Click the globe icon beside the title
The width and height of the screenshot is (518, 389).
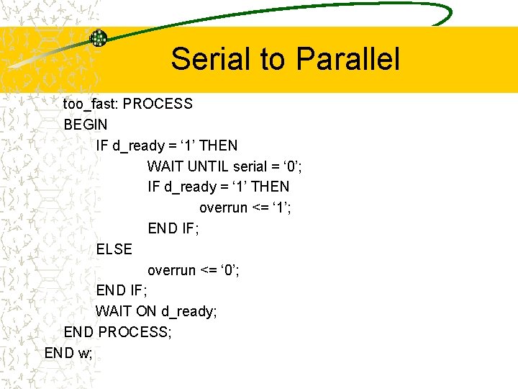pyautogui.click(x=98, y=38)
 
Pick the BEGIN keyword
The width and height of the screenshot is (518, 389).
pyautogui.click(x=86, y=125)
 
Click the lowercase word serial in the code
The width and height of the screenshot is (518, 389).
pyautogui.click(x=250, y=166)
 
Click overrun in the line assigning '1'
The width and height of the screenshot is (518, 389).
pyautogui.click(x=224, y=208)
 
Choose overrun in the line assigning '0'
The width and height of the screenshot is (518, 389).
pyautogui.click(x=172, y=270)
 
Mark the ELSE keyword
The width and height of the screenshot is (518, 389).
pyautogui.click(x=114, y=249)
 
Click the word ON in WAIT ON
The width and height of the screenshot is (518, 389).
pyautogui.click(x=146, y=312)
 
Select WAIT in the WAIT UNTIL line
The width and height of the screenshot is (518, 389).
pyautogui.click(x=165, y=166)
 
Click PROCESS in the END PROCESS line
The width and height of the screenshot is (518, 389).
pyautogui.click(x=135, y=333)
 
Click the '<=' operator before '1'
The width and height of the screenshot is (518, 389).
pyautogui.click(x=261, y=208)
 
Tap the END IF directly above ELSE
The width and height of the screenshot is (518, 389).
pyautogui.click(x=173, y=228)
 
